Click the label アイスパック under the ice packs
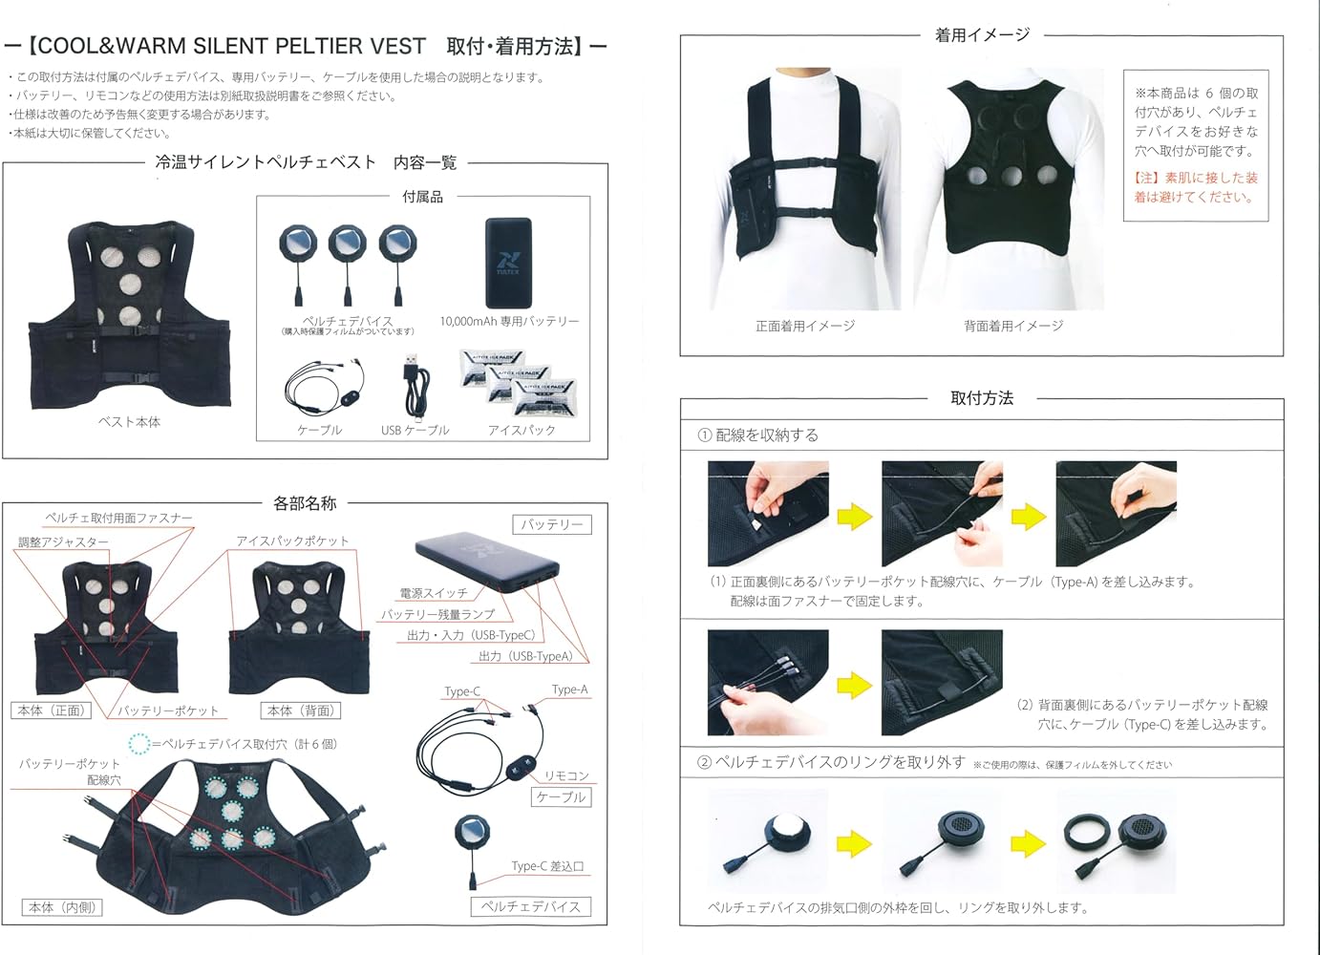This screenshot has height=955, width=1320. [522, 430]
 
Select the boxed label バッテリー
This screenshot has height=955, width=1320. [552, 524]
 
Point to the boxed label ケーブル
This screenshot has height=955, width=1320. [561, 796]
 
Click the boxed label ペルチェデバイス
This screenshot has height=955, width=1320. [530, 906]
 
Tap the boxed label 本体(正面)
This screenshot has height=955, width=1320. [51, 711]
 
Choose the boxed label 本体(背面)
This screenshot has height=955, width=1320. [301, 711]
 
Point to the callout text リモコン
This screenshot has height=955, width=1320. [566, 775]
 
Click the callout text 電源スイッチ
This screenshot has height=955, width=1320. [434, 593]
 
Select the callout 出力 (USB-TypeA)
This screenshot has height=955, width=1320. [525, 656]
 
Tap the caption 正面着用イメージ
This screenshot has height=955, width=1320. [805, 326]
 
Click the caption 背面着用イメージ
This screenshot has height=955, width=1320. [1013, 326]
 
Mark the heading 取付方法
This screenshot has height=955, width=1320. [982, 398]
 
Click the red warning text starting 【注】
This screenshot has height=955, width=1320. [1196, 187]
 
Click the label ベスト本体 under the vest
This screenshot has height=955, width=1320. [130, 421]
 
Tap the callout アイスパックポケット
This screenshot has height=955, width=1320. [292, 541]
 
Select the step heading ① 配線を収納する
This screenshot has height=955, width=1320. [758, 435]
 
